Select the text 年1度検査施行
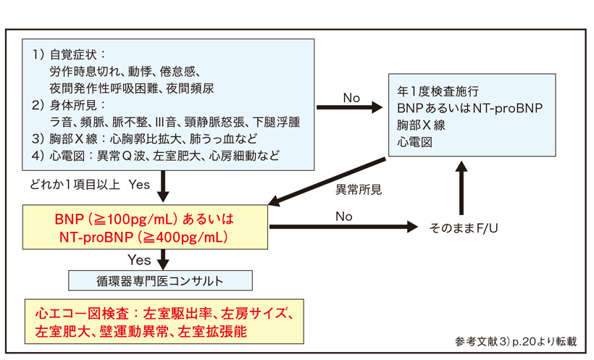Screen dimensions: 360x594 pos(438,92)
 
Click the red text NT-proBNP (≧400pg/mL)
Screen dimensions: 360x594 pos(146,236)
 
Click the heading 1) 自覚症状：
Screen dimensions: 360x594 pos(70,55)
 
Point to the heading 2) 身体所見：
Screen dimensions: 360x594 pos(70,104)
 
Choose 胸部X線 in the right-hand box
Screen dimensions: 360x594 pos(419,124)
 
